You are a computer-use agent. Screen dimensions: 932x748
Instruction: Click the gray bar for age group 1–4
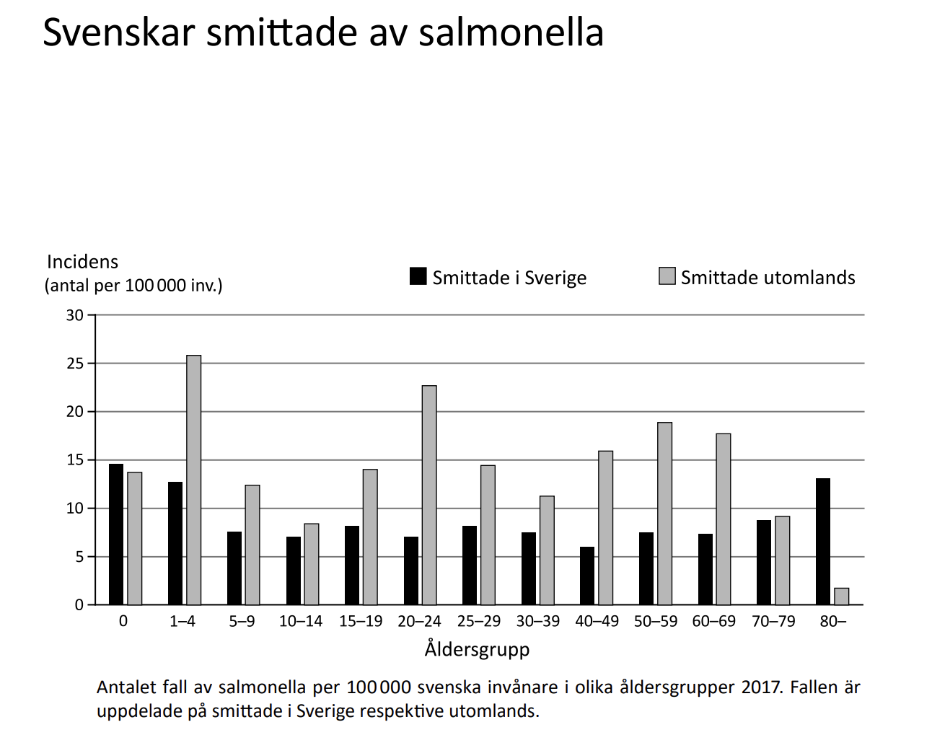tap(193, 480)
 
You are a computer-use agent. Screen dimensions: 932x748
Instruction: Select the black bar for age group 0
tap(116, 534)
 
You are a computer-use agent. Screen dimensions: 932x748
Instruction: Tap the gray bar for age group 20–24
tap(429, 495)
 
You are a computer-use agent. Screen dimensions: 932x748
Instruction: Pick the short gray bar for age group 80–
tap(842, 597)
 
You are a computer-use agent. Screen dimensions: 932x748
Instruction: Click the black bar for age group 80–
tap(823, 542)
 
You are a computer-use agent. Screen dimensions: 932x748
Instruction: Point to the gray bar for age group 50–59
tap(665, 514)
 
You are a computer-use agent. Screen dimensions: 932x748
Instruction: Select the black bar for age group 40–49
tap(587, 576)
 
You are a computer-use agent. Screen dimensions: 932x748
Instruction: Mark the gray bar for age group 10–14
tap(312, 564)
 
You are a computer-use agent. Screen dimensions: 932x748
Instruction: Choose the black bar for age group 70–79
tap(763, 563)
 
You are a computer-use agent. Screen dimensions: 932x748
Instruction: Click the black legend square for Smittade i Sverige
tap(418, 276)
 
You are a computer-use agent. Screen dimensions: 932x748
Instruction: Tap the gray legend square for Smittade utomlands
tap(667, 276)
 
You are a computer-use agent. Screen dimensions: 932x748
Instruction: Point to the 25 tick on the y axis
tap(92, 363)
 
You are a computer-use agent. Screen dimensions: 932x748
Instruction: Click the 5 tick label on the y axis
tap(79, 557)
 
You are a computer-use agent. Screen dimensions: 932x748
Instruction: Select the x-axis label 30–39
tap(538, 621)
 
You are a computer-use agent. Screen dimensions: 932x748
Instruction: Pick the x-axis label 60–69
tap(713, 621)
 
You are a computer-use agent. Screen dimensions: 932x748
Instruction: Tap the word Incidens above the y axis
tap(82, 262)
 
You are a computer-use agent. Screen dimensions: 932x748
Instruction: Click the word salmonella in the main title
tap(511, 32)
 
